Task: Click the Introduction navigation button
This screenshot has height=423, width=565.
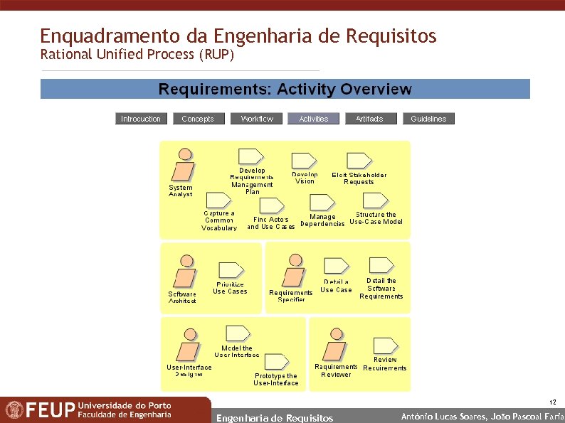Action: pyautogui.click(x=141, y=119)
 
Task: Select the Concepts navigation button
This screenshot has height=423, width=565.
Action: pyautogui.click(x=198, y=119)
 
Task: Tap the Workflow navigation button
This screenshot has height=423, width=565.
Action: pyautogui.click(x=256, y=119)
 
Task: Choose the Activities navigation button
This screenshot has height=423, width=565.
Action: pyautogui.click(x=313, y=119)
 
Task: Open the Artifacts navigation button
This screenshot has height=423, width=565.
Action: pyautogui.click(x=369, y=119)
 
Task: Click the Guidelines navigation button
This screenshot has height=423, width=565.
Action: pyautogui.click(x=428, y=119)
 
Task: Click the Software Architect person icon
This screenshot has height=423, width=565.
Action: pyautogui.click(x=185, y=272)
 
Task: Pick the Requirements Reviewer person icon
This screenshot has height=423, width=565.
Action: pyautogui.click(x=334, y=345)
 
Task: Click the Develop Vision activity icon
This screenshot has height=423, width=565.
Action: pyautogui.click(x=304, y=161)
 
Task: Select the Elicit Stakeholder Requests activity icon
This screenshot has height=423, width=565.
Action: pyautogui.click(x=358, y=161)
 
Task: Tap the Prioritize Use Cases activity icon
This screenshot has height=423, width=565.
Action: pyautogui.click(x=231, y=271)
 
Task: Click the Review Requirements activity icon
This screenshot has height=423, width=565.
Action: pyautogui.click(x=385, y=344)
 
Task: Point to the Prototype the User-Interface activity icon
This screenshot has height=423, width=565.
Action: pyautogui.click(x=275, y=362)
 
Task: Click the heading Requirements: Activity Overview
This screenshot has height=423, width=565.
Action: pyautogui.click(x=285, y=90)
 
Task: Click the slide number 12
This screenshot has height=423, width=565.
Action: pyautogui.click(x=553, y=402)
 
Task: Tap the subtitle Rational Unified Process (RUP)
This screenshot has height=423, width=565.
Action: pyautogui.click(x=137, y=54)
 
